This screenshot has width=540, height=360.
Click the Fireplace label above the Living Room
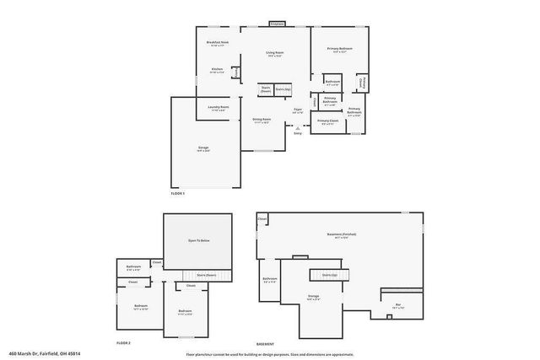click(x=277, y=24)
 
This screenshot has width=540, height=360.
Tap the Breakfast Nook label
click(x=218, y=42)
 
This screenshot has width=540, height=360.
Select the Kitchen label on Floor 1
click(x=217, y=69)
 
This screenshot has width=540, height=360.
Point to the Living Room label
click(x=275, y=53)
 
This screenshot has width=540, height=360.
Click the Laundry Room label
click(x=217, y=108)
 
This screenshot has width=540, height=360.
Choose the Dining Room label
click(x=262, y=120)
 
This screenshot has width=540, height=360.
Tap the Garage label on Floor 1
click(x=203, y=148)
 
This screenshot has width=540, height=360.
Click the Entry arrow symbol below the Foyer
click(x=297, y=127)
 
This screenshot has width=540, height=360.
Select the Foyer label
click(x=298, y=110)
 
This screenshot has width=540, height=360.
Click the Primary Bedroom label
click(x=340, y=49)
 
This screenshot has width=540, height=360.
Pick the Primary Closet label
click(x=328, y=121)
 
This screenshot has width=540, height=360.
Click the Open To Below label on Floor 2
click(x=198, y=241)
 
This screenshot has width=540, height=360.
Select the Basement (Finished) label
click(x=341, y=234)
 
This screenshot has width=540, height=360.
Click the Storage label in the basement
click(x=313, y=296)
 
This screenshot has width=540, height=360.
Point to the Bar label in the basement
click(x=398, y=305)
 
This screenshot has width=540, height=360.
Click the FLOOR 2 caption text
click(x=125, y=343)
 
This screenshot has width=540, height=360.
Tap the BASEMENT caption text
click(x=267, y=343)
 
